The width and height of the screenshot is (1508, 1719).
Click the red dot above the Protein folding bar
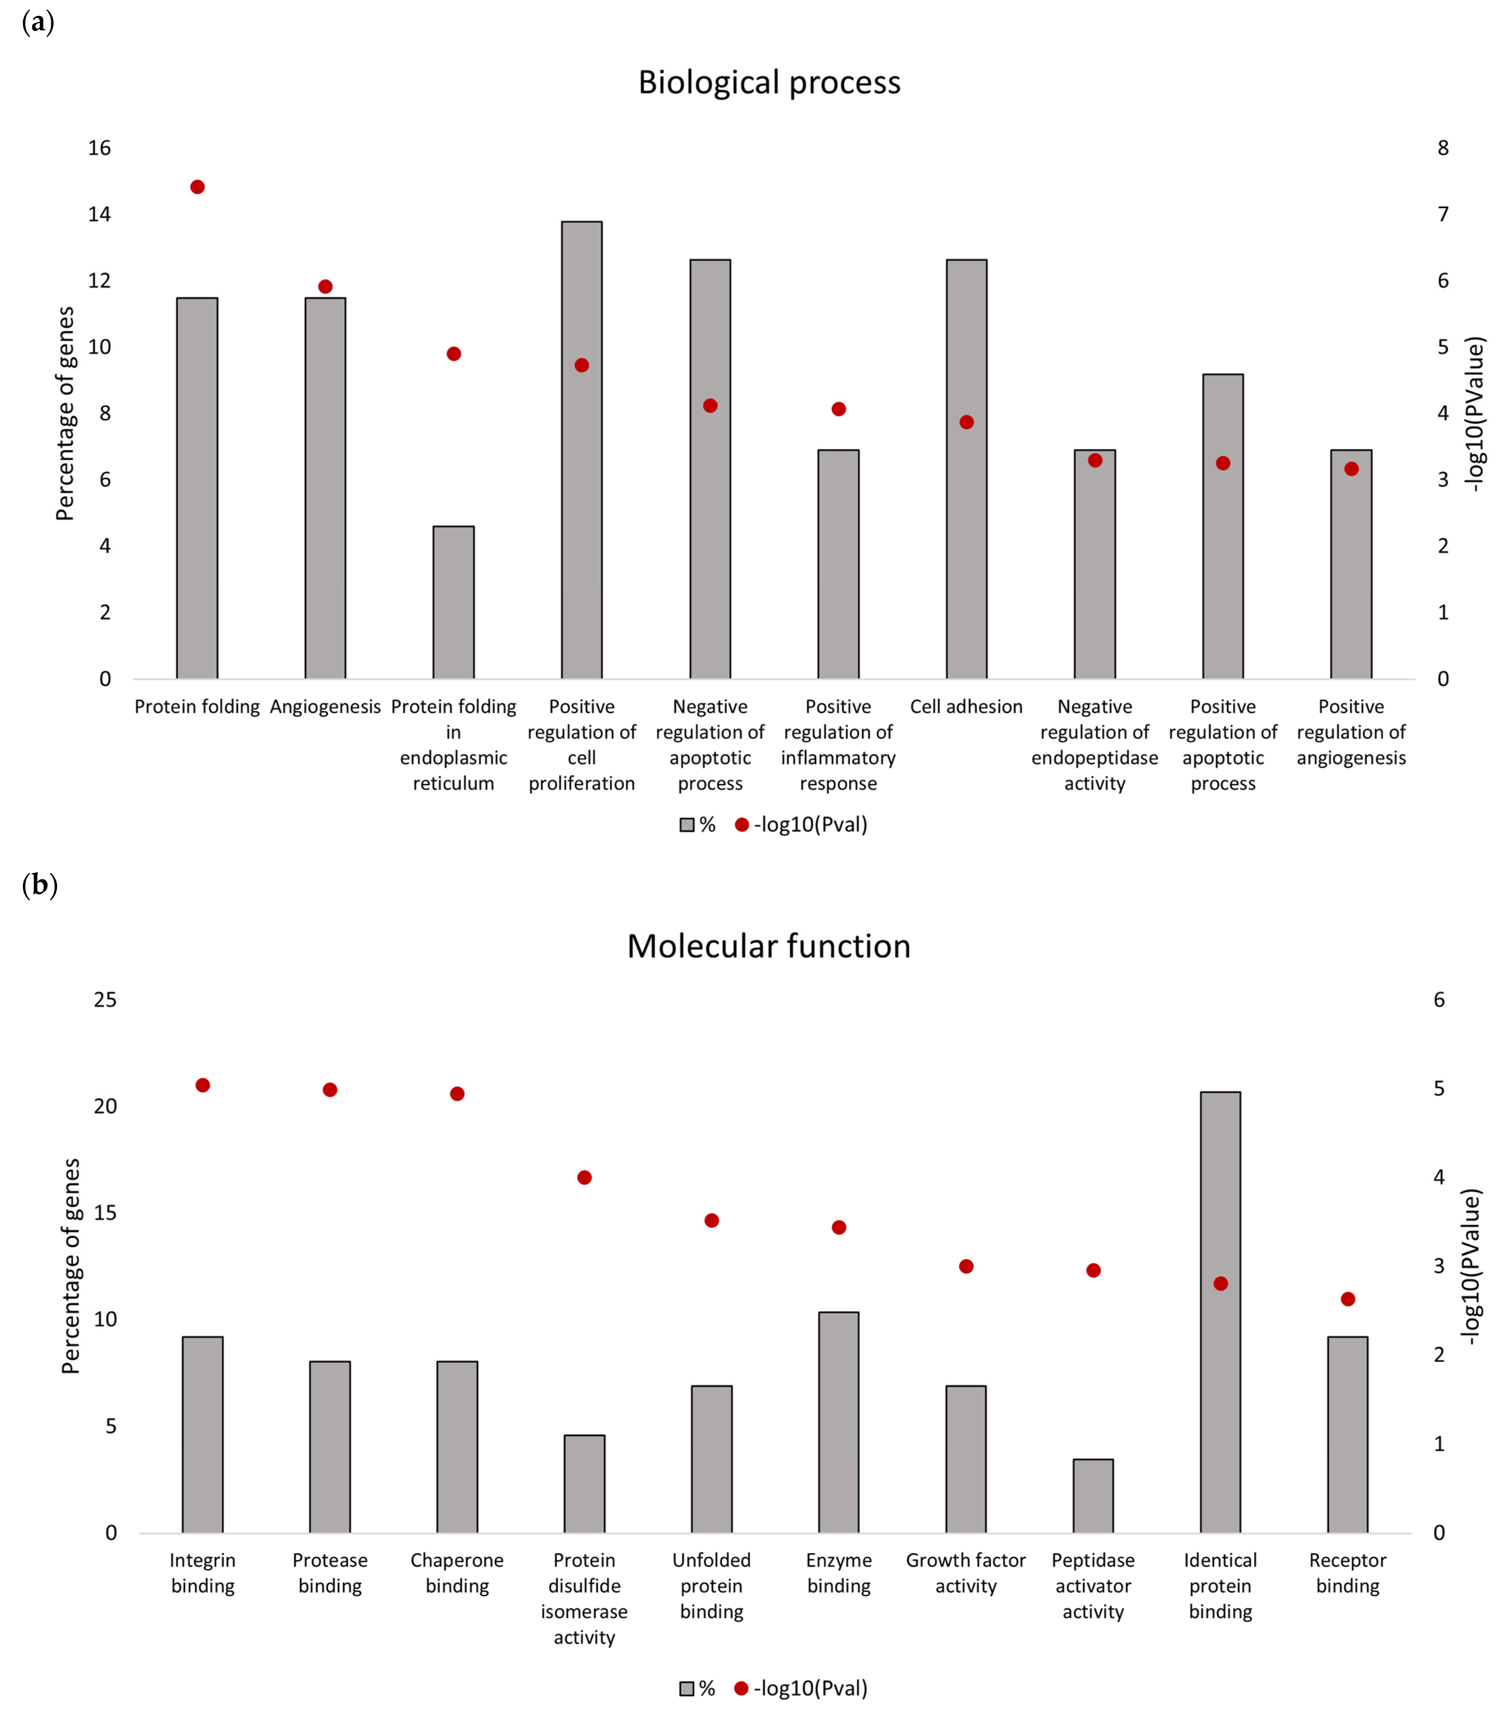[x=197, y=187]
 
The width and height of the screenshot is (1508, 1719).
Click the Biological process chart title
[x=769, y=82]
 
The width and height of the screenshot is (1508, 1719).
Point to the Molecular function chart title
[x=769, y=946]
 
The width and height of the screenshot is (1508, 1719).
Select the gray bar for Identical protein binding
[x=1220, y=1312]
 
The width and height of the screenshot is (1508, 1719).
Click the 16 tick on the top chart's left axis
[x=99, y=148]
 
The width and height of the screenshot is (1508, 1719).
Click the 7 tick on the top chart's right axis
[x=1442, y=214]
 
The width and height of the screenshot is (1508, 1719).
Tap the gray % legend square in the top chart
[x=686, y=825]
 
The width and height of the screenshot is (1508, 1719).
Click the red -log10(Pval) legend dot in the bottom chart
[x=741, y=1688]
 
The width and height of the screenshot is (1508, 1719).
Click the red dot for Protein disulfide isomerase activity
[x=585, y=1177]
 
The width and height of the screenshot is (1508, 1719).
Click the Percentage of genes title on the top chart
[x=65, y=414]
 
